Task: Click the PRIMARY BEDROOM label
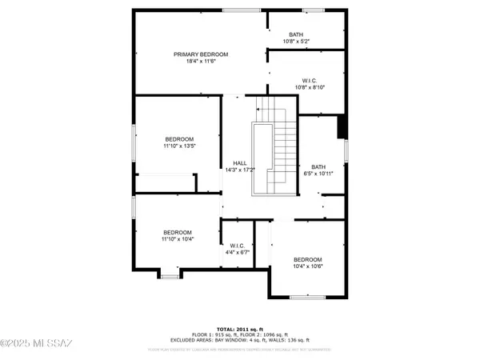(201, 54)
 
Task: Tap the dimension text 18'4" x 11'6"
(201, 62)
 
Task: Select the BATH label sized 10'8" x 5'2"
(296, 34)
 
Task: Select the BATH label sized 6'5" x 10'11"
(318, 166)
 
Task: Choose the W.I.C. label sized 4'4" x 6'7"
(238, 246)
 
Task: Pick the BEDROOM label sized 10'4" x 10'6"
(307, 260)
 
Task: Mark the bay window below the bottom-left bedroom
(170, 276)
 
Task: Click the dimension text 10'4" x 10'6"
(307, 268)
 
